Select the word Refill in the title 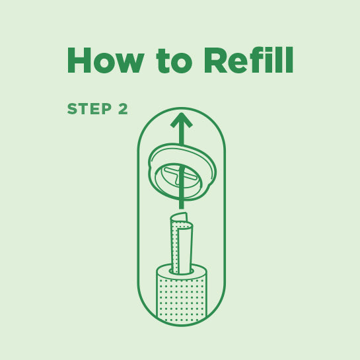coord(248,61)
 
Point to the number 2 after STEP coord(123,110)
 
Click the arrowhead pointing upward coord(181,121)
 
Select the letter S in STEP coord(72,110)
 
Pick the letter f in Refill coord(258,61)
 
